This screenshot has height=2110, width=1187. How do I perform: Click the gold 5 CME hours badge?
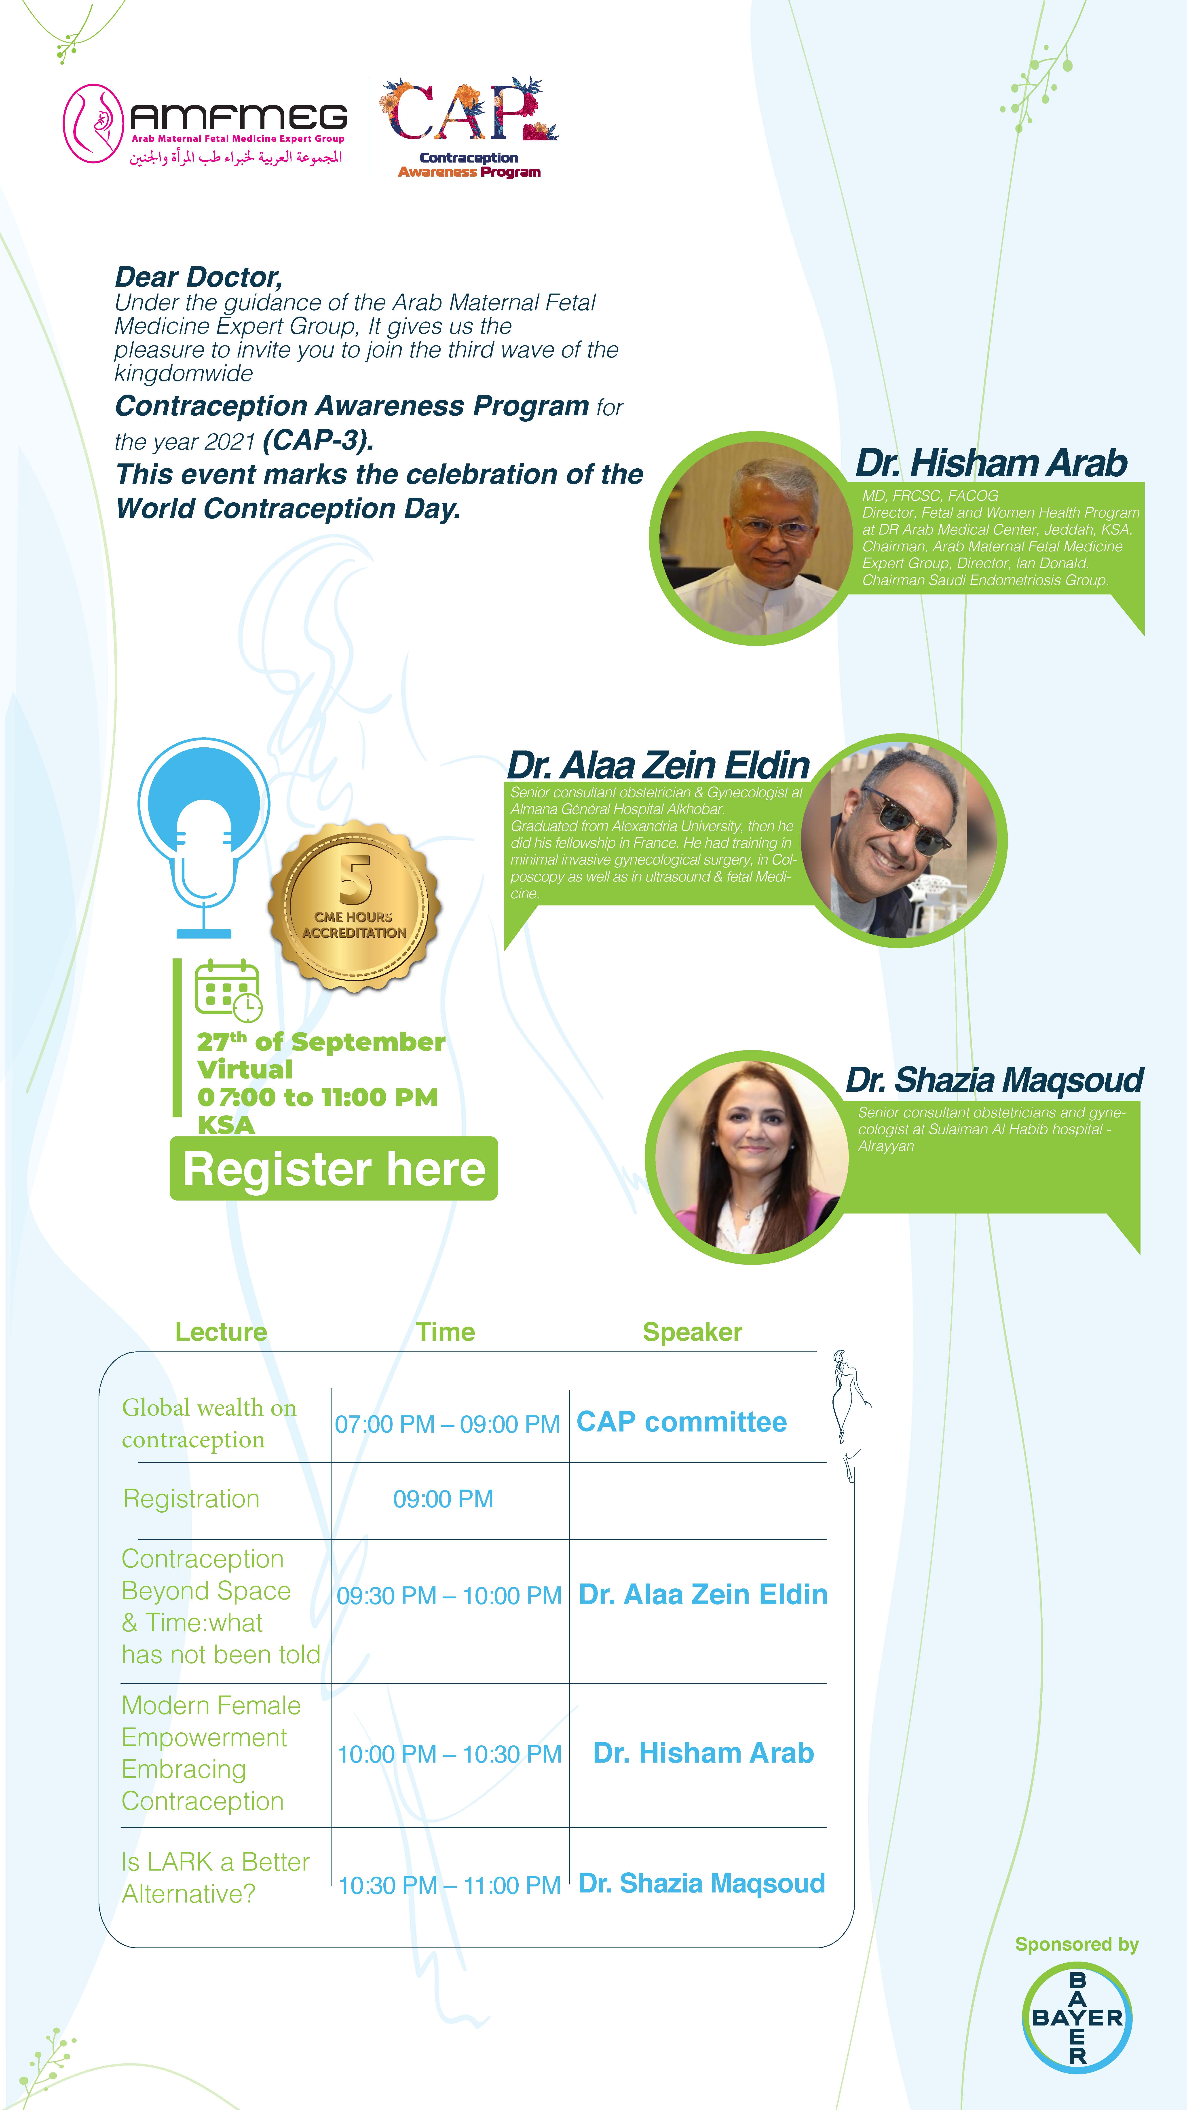(355, 905)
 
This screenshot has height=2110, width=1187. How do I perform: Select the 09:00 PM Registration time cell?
(443, 1499)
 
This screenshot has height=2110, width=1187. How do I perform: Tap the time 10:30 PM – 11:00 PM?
(449, 1886)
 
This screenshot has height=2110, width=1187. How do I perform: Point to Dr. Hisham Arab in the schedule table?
(703, 1753)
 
